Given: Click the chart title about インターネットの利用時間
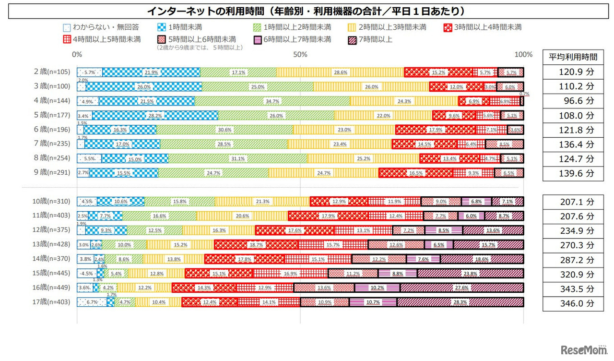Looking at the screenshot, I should (307, 11).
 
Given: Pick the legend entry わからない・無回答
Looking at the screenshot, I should (102, 27).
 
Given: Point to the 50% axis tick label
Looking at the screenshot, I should (300, 54).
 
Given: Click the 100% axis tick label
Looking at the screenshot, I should (523, 54).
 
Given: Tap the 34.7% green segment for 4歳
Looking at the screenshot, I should (272, 101).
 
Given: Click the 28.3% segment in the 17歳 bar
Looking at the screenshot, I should (460, 302).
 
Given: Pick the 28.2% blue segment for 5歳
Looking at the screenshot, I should (154, 115).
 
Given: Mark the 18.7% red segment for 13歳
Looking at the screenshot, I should (256, 245).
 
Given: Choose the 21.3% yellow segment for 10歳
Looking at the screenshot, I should (262, 202).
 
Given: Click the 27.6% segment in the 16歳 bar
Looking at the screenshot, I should (461, 288).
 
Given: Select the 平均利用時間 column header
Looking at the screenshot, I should (573, 57).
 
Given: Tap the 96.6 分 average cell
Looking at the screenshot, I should (573, 101).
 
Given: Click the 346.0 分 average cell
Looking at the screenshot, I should (573, 304).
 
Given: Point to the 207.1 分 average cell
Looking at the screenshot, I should (573, 202).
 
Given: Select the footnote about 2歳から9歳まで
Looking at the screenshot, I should (200, 48).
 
